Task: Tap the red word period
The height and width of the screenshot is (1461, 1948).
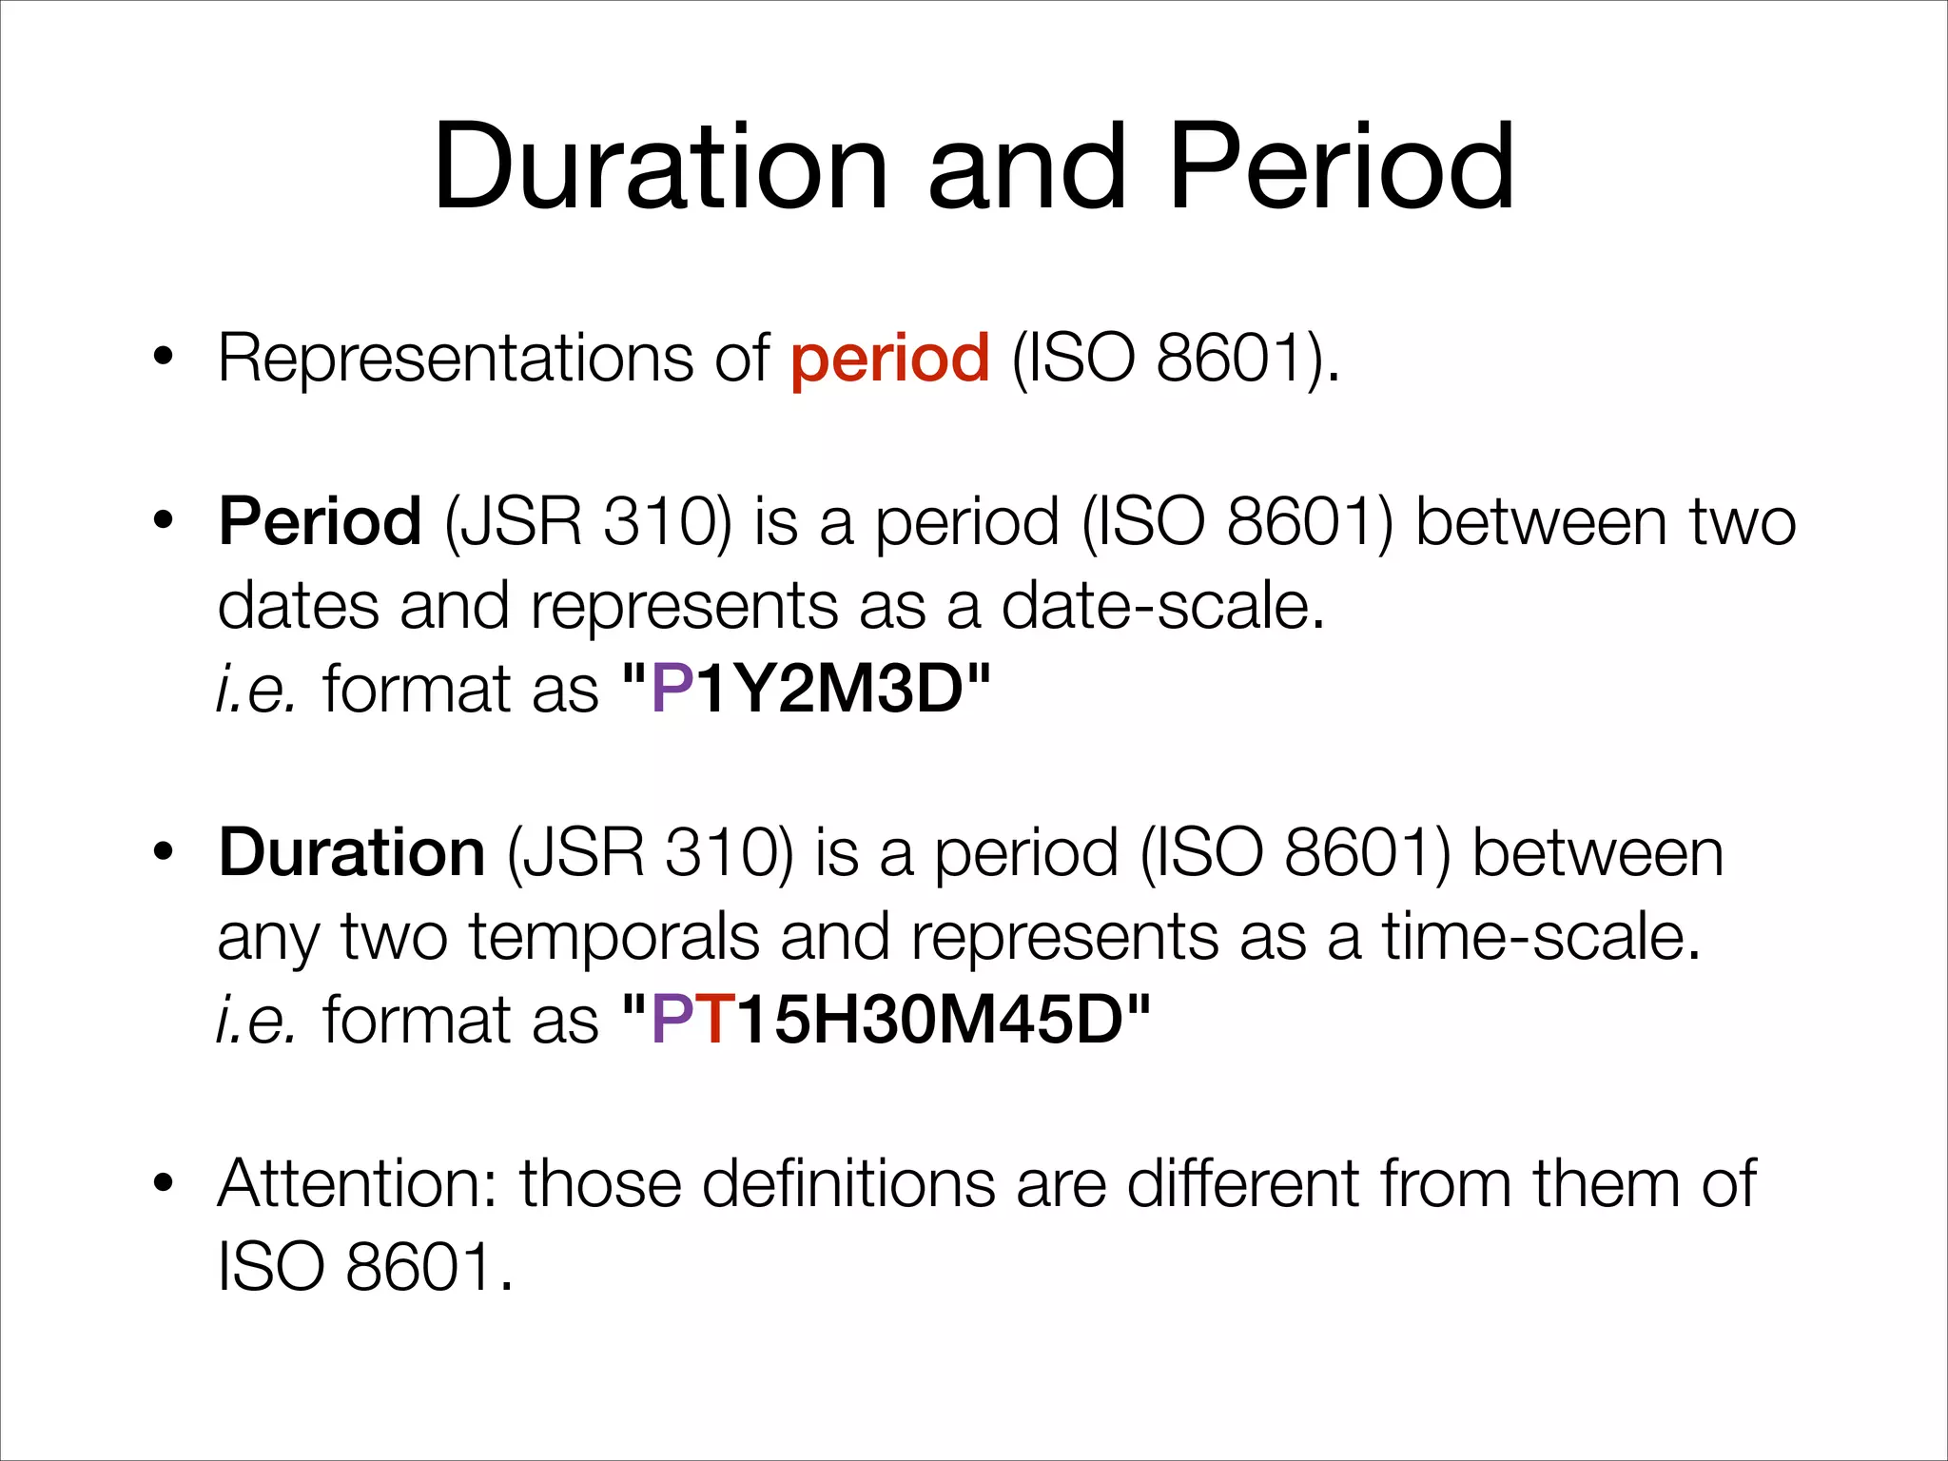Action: [889, 360]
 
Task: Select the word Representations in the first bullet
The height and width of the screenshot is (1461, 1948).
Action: [456, 360]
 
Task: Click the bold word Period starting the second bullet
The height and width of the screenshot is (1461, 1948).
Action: [320, 522]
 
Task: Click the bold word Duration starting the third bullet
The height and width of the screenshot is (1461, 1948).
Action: [352, 852]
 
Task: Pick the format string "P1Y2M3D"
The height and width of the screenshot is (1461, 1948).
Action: [806, 689]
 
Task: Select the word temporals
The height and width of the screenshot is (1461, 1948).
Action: [614, 937]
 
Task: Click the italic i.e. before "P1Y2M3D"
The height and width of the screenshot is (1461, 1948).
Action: [256, 689]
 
